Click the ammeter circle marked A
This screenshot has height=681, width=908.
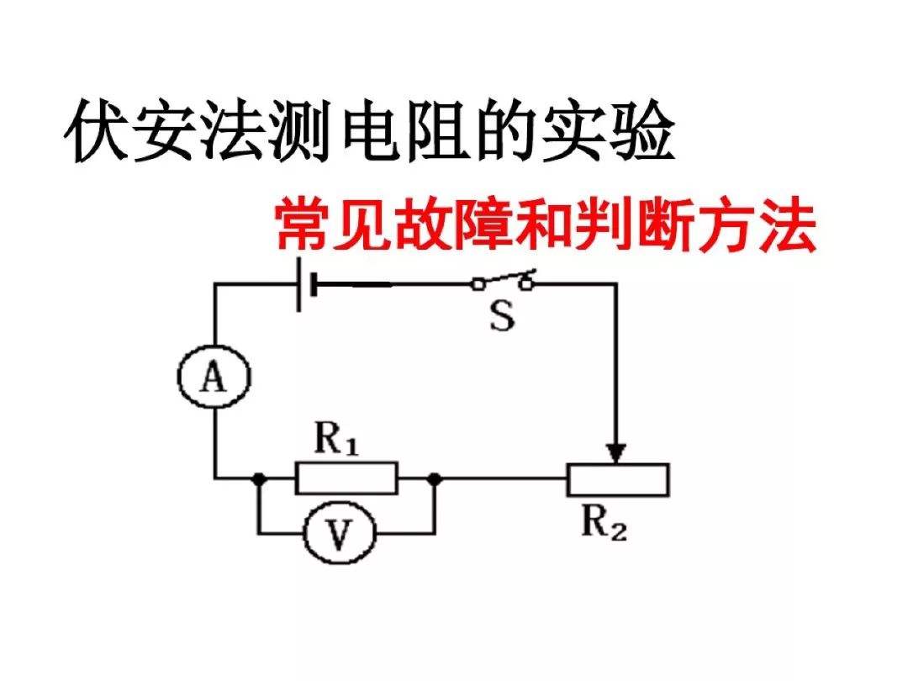[x=215, y=380]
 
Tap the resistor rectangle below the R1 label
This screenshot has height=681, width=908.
[x=346, y=478]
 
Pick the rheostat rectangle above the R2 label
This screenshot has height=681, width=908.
[x=618, y=479]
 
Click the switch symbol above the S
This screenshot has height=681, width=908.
[x=503, y=282]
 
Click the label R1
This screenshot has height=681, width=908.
[x=336, y=439]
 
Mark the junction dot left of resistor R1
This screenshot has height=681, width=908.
[x=259, y=478]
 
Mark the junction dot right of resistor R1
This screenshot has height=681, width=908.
[x=434, y=478]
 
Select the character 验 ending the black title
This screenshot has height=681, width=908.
[x=641, y=134]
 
